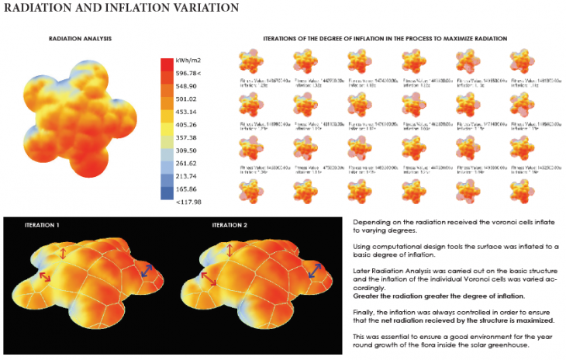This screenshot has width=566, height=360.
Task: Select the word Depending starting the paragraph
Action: pyautogui.click(x=370, y=223)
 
